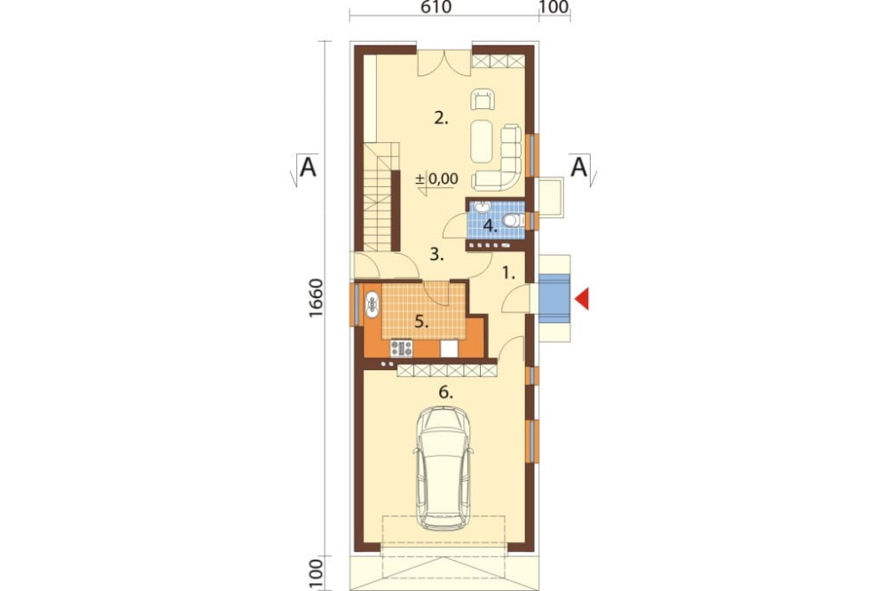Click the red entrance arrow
pos(583,298)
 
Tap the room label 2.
pos(441,118)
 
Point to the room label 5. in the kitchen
pos(421,321)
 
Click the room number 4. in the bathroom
pos(490,226)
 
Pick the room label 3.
pos(436,255)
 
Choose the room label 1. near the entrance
pos(508,274)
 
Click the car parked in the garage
pos(443,468)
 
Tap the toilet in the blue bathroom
pos(513,220)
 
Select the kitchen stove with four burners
pos(401,348)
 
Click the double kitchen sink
pos(373,304)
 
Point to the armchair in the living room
pos(483,99)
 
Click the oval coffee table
pos(482,140)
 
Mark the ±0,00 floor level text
pos(436,179)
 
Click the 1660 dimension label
pos(316,298)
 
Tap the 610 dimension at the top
pos(436,7)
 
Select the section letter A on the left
pos(308,167)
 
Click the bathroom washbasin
pos(482,207)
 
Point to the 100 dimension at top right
pos(554,7)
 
